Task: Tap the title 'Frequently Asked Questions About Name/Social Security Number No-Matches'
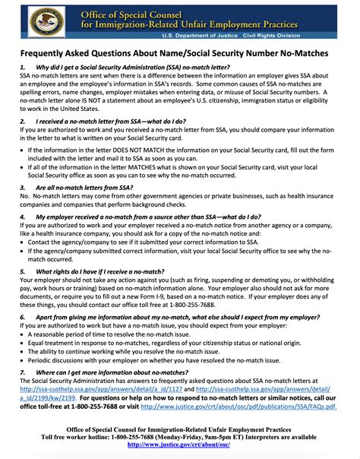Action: pyautogui.click(x=180, y=55)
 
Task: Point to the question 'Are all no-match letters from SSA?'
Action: pyautogui.click(x=85, y=187)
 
